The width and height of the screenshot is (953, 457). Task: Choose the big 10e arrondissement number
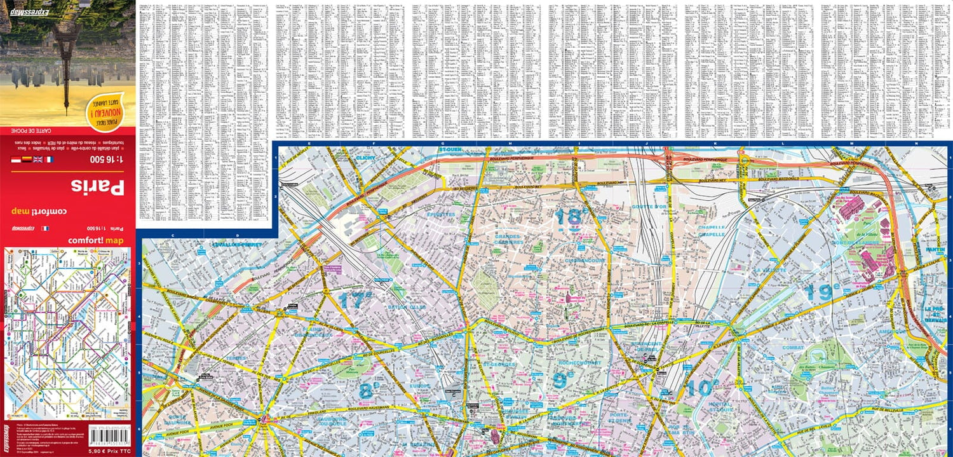tap(702, 387)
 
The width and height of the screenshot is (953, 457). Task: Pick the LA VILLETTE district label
tap(771, 269)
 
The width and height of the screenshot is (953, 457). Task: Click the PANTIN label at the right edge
tap(935, 250)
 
